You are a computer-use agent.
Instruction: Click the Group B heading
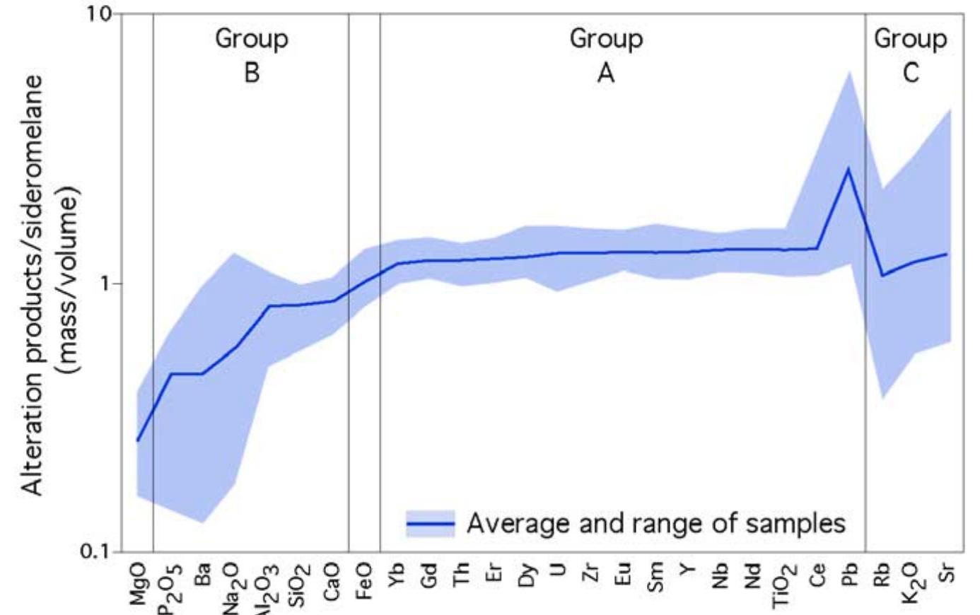point(252,54)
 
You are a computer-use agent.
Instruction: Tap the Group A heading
point(606,54)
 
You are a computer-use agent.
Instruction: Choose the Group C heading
point(911,54)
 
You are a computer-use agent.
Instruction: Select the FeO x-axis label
point(364,580)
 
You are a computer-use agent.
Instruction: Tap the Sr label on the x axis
point(947,573)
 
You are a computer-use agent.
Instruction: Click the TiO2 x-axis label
point(784,585)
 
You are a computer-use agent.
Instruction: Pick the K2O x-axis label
point(913,582)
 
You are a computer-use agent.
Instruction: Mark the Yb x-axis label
point(397,573)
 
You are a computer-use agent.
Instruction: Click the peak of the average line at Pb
point(848,168)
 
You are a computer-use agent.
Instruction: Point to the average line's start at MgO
point(137,440)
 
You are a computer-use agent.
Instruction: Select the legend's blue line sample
point(430,524)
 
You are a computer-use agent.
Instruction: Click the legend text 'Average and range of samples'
point(655,524)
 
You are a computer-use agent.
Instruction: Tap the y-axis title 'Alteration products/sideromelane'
point(33,283)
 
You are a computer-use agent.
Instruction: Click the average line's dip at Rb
point(882,276)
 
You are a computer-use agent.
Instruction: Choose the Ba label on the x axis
point(204,574)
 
